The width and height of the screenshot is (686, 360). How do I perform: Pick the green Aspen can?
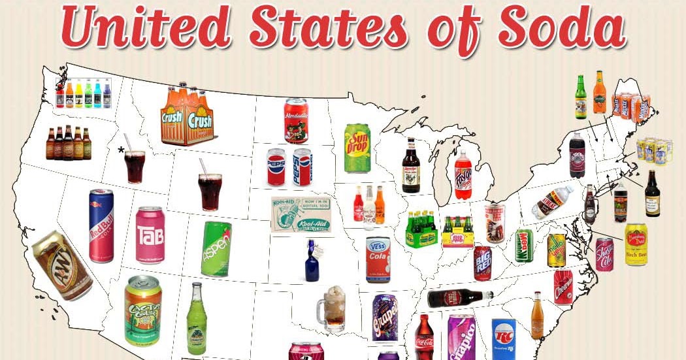coord(216,248)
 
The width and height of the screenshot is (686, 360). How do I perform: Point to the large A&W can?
coord(61,265)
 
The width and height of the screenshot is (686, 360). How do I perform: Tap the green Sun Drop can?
coord(357,148)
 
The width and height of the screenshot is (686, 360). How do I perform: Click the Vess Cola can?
coord(378,259)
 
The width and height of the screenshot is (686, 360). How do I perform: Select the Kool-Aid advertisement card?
coord(301,215)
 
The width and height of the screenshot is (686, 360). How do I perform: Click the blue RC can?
coord(504,338)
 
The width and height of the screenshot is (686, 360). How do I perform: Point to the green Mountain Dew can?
coord(524,246)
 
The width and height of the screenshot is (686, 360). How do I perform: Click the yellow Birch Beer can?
coord(635,244)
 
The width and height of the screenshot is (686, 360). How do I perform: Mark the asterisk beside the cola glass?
coord(121,151)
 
